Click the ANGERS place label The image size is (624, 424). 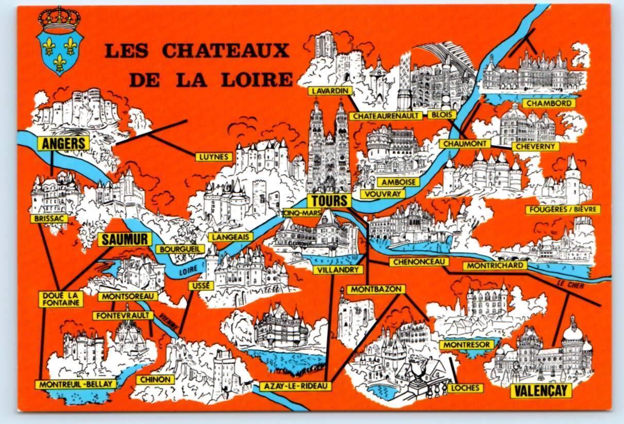[x=63, y=143]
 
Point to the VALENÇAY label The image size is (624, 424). [x=541, y=391]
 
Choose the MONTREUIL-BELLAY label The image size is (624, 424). [x=75, y=384]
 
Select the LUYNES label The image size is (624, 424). [x=212, y=157]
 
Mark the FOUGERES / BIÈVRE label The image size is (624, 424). [x=562, y=209]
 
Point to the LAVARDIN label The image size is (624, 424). [x=330, y=91]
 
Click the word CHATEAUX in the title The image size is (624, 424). [x=224, y=51]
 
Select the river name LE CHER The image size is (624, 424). [x=570, y=284]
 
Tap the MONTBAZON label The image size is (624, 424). [x=376, y=290]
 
